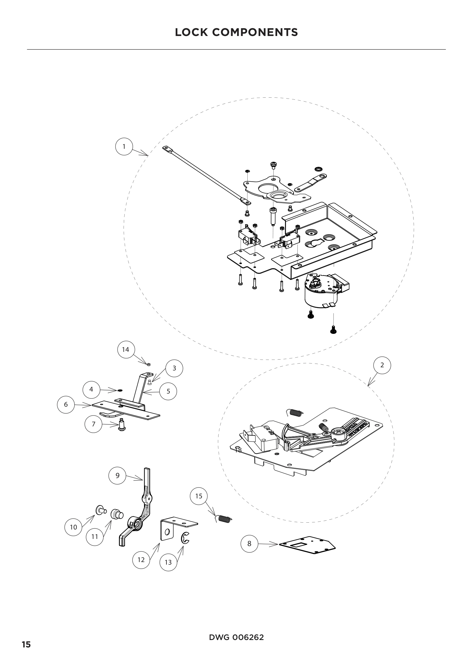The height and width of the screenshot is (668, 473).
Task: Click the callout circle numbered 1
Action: [x=124, y=147]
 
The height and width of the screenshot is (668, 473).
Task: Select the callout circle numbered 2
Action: [x=382, y=365]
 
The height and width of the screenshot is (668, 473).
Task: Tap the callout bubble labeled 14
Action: [x=126, y=349]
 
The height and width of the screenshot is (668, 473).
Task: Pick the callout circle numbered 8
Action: [x=249, y=543]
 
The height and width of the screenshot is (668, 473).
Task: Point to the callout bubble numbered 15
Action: [x=199, y=496]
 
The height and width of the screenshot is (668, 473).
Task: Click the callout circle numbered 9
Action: [x=117, y=476]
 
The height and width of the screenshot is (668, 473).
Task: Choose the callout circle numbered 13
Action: [x=168, y=562]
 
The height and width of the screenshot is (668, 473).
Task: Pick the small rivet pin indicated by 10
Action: [x=101, y=509]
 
